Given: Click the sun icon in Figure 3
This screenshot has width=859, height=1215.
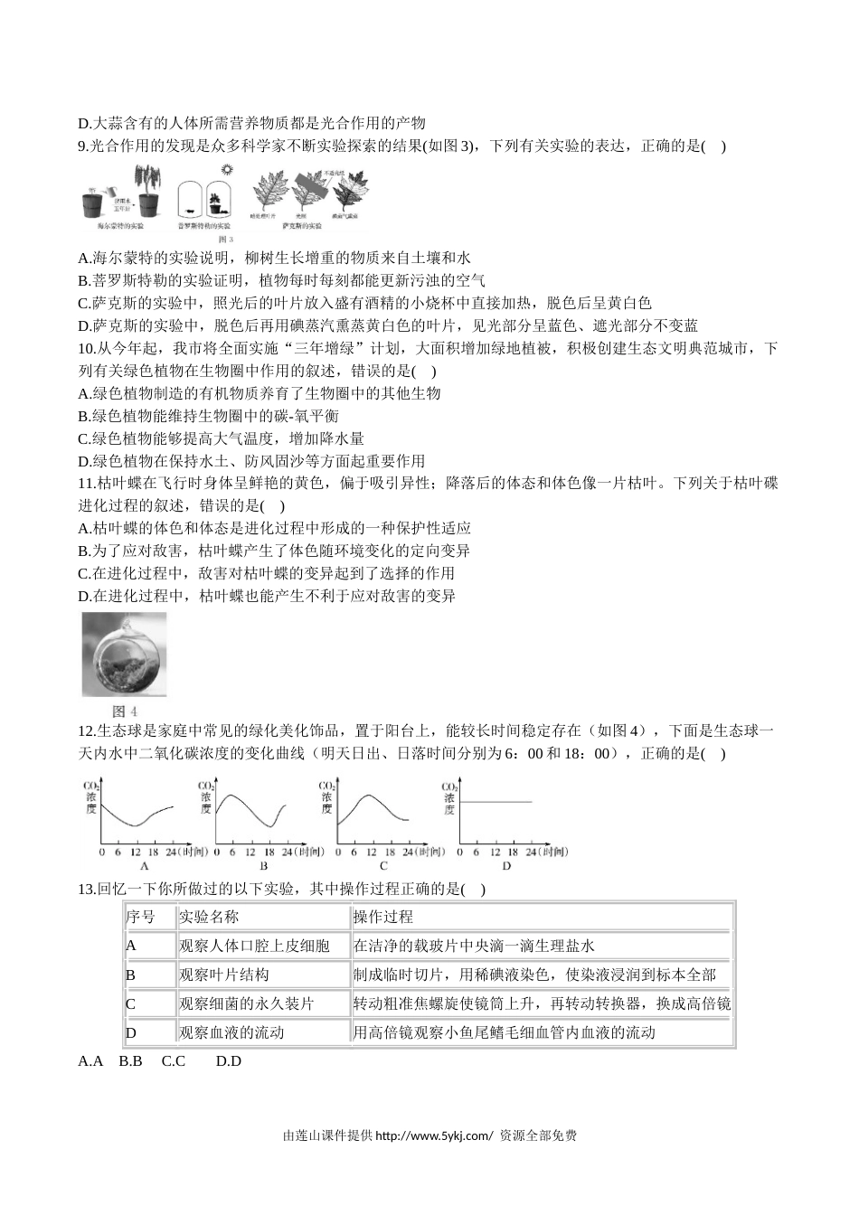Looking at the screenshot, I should (x=226, y=169).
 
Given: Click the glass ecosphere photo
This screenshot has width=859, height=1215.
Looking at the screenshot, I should (x=124, y=654).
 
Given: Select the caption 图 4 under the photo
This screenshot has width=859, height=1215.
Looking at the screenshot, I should (x=124, y=711).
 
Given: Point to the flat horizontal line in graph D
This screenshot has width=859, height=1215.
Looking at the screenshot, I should (x=496, y=802).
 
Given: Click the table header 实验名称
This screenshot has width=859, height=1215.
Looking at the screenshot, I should (x=209, y=917).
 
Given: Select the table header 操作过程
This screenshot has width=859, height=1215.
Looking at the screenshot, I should (x=383, y=917).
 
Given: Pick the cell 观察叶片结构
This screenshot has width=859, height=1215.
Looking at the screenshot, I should (x=224, y=975).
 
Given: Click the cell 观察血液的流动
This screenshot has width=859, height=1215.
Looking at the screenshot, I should (x=231, y=1032).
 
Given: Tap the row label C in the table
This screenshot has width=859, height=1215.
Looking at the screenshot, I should (x=130, y=1003).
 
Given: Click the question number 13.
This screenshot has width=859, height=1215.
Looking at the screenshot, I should (x=87, y=889).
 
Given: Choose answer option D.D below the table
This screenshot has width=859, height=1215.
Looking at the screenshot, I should (x=229, y=1061).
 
